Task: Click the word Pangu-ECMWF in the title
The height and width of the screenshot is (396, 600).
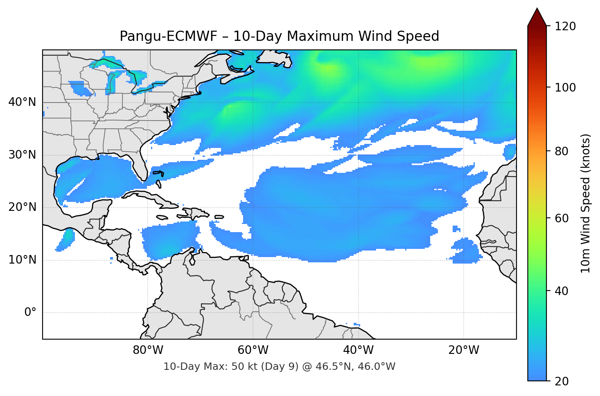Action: (x=169, y=36)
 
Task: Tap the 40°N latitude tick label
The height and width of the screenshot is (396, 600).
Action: (x=22, y=102)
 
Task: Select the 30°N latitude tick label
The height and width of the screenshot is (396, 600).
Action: (x=22, y=155)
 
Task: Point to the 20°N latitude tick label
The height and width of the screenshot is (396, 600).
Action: (x=22, y=207)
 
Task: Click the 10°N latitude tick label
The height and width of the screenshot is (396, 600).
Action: (x=22, y=260)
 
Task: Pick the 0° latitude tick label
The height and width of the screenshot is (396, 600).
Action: (x=30, y=313)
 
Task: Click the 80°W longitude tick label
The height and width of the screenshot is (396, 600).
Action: (x=148, y=350)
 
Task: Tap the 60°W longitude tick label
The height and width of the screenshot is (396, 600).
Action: (x=253, y=350)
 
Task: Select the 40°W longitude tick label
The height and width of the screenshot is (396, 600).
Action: (x=359, y=350)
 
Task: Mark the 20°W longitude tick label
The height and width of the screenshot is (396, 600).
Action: (x=464, y=350)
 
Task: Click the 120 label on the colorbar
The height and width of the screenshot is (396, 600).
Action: (x=565, y=27)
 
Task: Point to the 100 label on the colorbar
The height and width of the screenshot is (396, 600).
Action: (x=565, y=87)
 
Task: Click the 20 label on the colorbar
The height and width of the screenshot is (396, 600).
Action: (x=562, y=381)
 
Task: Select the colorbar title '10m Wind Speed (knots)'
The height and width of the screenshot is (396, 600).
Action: (x=586, y=203)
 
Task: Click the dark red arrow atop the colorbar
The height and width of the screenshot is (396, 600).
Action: (x=537, y=18)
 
